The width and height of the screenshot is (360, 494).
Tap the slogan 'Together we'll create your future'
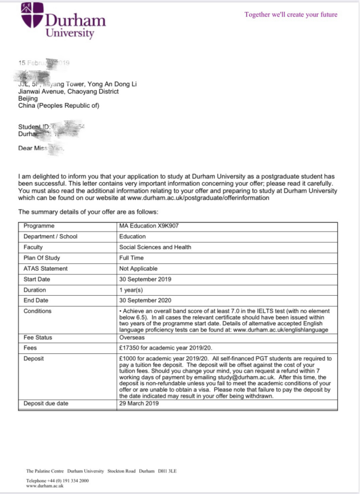click(291, 15)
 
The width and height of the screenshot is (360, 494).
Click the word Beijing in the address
click(28, 98)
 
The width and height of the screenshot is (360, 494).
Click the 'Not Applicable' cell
click(139, 269)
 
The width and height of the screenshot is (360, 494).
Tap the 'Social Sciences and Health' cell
click(155, 247)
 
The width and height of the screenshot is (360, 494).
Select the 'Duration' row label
click(35, 290)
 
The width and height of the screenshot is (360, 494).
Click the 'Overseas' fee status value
click(133, 337)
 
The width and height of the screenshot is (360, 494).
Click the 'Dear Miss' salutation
click(33, 149)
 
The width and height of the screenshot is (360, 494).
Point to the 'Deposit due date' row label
click(46, 403)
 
